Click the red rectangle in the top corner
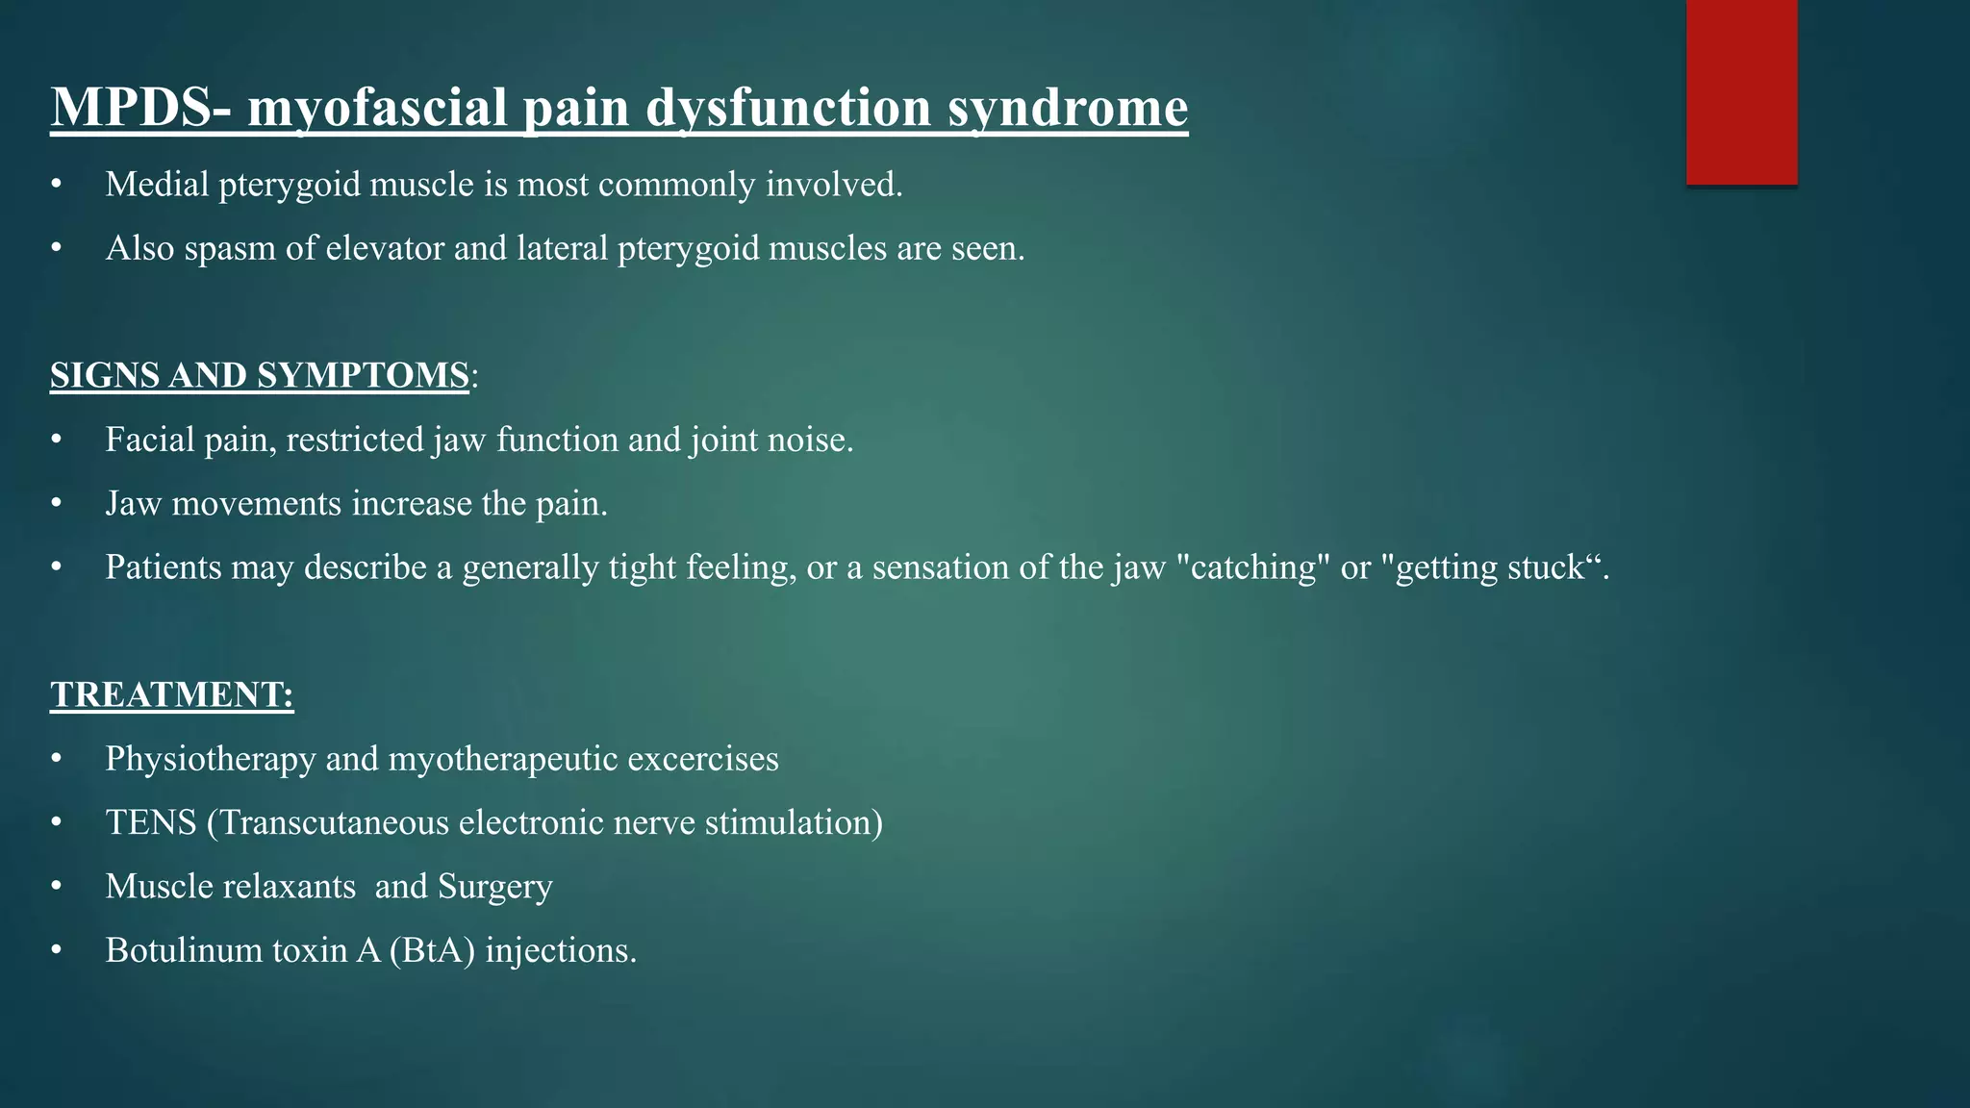coord(1741,91)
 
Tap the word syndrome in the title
coord(1068,107)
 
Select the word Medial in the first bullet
coord(157,184)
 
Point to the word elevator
coord(385,248)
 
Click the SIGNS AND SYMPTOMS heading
coord(260,375)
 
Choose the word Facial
coord(144,440)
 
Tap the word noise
coord(808,440)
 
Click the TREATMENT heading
coord(171,694)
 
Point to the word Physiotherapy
coord(211,759)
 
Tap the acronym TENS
coord(150,822)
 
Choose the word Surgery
coord(494,886)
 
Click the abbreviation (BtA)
coord(432,950)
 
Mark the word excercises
coord(702,759)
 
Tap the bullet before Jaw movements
coord(57,503)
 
